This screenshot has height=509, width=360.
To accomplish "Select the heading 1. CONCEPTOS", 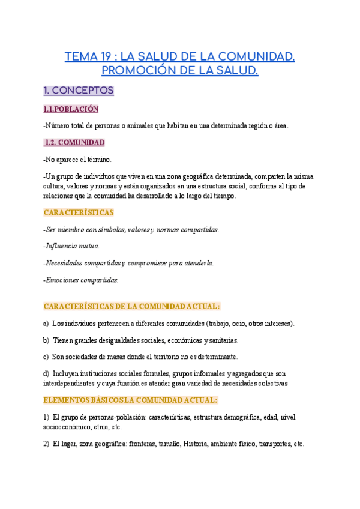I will [79, 91].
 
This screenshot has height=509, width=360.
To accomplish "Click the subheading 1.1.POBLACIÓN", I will [71, 109].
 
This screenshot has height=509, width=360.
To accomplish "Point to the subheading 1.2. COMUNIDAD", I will [75, 142].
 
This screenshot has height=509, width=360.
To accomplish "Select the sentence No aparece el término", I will [78, 160].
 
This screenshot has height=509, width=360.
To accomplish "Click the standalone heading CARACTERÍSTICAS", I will [79, 212].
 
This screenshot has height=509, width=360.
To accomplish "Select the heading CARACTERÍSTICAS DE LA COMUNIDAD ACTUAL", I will [132, 306].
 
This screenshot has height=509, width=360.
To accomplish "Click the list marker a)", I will [46, 324].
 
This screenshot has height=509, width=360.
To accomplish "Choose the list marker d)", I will [46, 373].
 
